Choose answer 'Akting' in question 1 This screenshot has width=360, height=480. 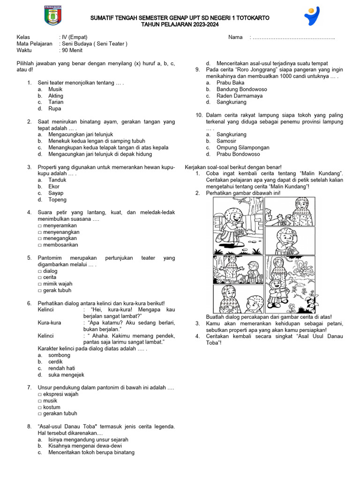tap(56, 96)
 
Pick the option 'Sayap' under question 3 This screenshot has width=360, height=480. tap(56, 193)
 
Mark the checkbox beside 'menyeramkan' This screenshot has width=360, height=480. tap(40, 225)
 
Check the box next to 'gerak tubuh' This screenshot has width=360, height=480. tap(40, 291)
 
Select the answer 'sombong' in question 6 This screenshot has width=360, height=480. tap(59, 355)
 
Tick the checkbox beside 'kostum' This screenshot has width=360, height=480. tap(40, 407)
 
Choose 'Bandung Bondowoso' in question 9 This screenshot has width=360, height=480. tap(241, 89)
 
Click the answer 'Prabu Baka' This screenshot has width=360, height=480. tap(230, 82)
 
